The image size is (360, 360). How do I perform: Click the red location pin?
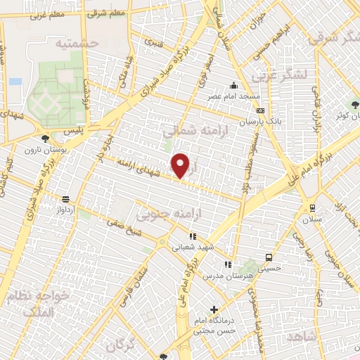(x=181, y=165)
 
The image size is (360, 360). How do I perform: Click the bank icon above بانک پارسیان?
(x=260, y=110)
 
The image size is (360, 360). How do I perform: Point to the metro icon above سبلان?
(x=311, y=208)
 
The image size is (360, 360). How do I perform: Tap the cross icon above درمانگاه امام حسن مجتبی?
(x=214, y=309)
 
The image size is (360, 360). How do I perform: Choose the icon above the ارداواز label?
(x=65, y=199)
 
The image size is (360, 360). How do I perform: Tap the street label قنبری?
(x=153, y=41)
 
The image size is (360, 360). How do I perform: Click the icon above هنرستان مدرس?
(x=227, y=264)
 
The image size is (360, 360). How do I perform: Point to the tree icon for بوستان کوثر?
(x=355, y=104)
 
